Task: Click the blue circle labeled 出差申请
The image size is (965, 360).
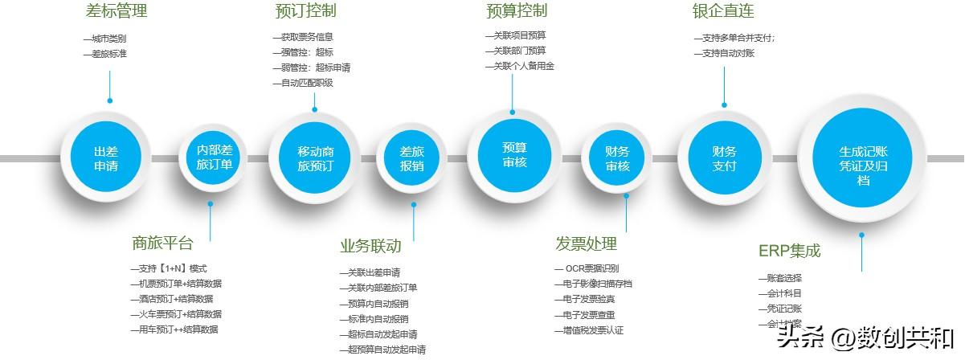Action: click(106, 158)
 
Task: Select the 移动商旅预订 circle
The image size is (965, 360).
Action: click(315, 158)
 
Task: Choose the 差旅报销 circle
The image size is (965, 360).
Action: click(412, 158)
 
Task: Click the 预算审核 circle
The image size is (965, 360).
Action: click(514, 154)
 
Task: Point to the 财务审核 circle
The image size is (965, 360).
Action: click(618, 158)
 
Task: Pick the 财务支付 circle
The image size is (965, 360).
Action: click(724, 158)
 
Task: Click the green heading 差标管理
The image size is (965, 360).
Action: click(117, 11)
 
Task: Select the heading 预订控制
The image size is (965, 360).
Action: click(305, 11)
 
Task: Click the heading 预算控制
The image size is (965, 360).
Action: click(517, 11)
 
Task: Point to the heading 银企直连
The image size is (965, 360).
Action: click(723, 11)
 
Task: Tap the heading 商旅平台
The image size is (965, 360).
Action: click(163, 243)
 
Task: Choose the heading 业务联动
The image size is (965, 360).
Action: click(370, 246)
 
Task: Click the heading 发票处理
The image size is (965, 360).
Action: click(586, 243)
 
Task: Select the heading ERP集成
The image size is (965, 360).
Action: click(789, 251)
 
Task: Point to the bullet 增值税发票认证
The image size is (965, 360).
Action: click(592, 330)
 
